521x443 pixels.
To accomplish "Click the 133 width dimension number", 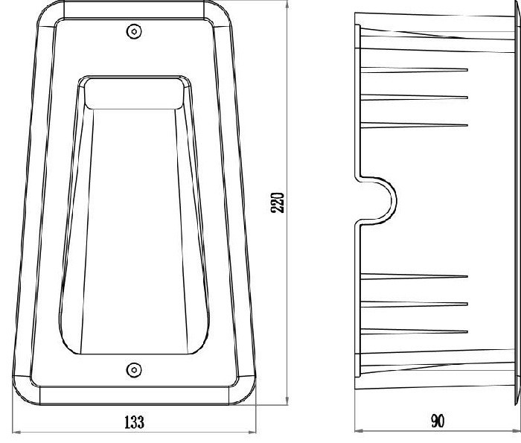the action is point(134,422).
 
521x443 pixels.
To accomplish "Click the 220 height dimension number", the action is point(278,203).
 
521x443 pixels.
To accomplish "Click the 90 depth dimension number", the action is point(438,421).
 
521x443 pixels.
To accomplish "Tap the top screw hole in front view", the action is point(134,31).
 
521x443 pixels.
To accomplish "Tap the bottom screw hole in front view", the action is point(134,369).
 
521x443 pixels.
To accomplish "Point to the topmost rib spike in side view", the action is point(414,70).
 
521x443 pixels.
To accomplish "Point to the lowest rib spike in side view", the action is point(414,331).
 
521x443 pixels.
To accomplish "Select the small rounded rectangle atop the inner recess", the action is point(134,93).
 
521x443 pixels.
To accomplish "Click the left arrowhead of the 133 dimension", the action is point(15,433).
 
